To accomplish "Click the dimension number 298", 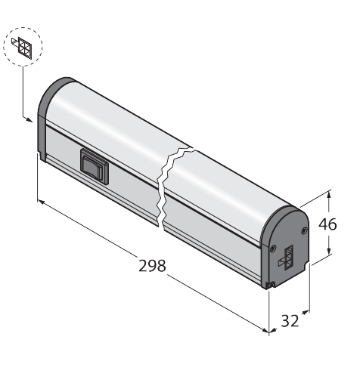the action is click(x=152, y=266).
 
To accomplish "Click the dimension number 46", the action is click(x=327, y=224).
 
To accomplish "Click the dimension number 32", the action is click(x=290, y=321).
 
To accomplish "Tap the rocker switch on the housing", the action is click(x=95, y=166).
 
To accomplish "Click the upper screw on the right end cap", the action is click(x=304, y=230).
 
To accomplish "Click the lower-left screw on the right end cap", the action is click(x=272, y=249).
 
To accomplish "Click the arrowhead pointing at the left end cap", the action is click(x=29, y=120).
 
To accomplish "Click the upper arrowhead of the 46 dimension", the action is click(x=328, y=195).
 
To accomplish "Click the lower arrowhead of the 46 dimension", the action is click(x=329, y=251).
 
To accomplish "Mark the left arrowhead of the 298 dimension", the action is click(x=41, y=202).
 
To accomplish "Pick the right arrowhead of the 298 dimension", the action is click(x=265, y=330).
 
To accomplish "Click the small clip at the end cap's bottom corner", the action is click(x=270, y=285).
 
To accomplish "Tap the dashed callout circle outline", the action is click(x=23, y=27).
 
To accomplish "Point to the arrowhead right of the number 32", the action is click(x=306, y=313).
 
